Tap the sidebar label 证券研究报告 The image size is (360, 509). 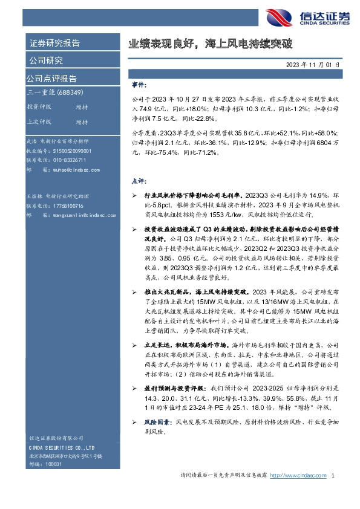tap(54, 44)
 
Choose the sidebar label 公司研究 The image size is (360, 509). tap(45, 60)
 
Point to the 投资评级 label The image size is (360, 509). tap(39, 106)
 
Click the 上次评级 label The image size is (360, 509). tap(39, 122)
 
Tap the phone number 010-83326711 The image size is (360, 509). tap(65, 160)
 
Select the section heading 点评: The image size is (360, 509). tap(137, 181)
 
